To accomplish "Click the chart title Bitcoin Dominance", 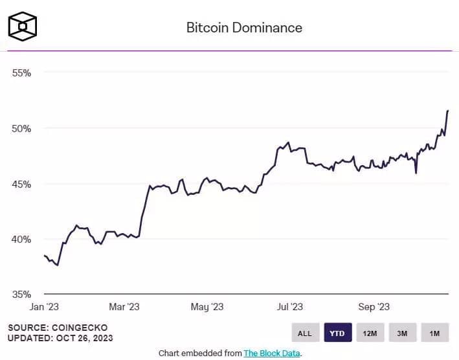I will [244, 28].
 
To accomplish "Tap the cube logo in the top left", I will [22, 26].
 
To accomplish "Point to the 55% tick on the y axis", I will [22, 73].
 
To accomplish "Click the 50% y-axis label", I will [22, 128].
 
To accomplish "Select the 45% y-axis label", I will [22, 184].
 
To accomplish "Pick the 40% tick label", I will [22, 239].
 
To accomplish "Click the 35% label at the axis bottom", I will [22, 293].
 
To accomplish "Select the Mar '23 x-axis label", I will [124, 306].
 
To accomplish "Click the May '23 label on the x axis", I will [207, 306].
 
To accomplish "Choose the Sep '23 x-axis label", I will [374, 306].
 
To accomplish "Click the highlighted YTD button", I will [337, 333].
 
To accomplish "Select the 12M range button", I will [370, 333].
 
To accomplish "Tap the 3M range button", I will [402, 333].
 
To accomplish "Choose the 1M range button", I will [434, 333].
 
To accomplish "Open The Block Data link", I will [272, 353].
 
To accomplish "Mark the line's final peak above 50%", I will [447, 111].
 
